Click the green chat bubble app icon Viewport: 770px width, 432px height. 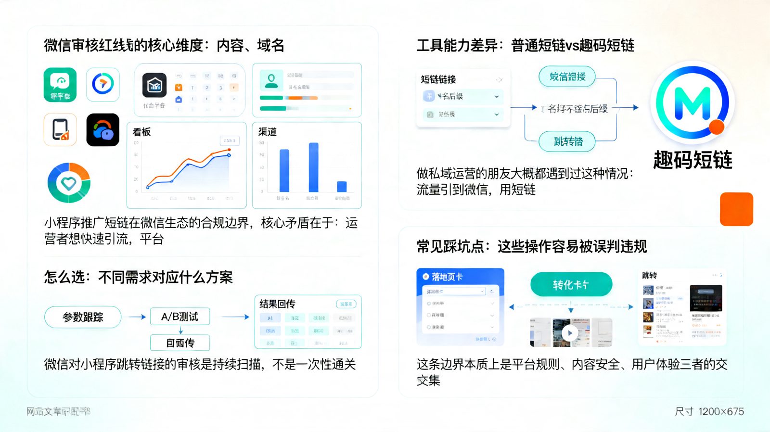(x=60, y=84)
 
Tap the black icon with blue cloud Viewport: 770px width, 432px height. (x=103, y=130)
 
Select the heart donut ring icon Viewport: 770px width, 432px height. (x=69, y=183)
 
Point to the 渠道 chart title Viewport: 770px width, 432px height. (x=268, y=132)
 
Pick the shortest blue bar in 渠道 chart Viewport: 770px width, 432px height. (x=342, y=186)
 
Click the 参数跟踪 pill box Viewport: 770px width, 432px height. (x=83, y=317)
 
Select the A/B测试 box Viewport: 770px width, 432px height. (x=180, y=317)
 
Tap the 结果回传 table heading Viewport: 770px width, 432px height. (x=277, y=304)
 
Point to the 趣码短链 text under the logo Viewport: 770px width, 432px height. (x=693, y=160)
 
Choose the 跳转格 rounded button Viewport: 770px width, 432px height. (x=568, y=141)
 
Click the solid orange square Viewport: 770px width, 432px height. (x=736, y=209)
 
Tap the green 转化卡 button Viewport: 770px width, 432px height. (x=571, y=285)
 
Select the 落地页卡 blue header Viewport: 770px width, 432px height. (x=460, y=277)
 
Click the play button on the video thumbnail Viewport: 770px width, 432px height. (x=570, y=332)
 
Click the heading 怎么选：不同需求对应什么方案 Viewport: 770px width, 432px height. (x=139, y=277)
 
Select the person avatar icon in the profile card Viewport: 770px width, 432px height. (x=271, y=80)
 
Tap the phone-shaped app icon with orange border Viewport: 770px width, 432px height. (x=60, y=130)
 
